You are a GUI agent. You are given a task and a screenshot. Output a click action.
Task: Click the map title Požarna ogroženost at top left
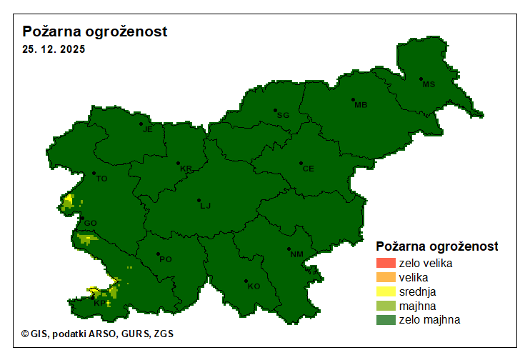pyautogui.click(x=95, y=32)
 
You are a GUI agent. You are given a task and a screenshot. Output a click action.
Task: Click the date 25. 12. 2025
pyautogui.click(x=54, y=50)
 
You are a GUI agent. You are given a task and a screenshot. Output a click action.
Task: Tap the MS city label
pyautogui.click(x=429, y=84)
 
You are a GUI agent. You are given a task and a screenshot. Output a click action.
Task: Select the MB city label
pyautogui.click(x=361, y=105)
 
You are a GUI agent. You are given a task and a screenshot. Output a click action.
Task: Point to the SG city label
pyautogui.click(x=283, y=115)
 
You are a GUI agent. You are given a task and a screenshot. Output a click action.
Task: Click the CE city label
pyautogui.click(x=308, y=169)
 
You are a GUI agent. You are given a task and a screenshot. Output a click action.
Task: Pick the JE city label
pyautogui.click(x=148, y=129)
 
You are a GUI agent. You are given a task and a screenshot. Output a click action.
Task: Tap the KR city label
pyautogui.click(x=186, y=169)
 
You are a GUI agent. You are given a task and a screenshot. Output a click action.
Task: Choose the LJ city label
pyautogui.click(x=206, y=206)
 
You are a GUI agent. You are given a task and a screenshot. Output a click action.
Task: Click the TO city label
pyautogui.click(x=101, y=179)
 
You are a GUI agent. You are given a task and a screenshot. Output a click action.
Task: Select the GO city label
pyautogui.click(x=90, y=223)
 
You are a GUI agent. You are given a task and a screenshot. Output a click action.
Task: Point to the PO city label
pyautogui.click(x=165, y=259)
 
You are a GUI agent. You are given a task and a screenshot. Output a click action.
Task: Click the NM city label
pyautogui.click(x=296, y=254)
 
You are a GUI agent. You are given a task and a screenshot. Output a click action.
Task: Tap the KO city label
pyautogui.click(x=254, y=286)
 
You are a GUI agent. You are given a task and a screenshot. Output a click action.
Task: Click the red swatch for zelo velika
pyautogui.click(x=386, y=263)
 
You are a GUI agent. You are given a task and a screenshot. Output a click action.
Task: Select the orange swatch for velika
pyautogui.click(x=386, y=277)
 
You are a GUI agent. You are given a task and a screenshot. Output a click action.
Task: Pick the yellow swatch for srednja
pyautogui.click(x=386, y=291)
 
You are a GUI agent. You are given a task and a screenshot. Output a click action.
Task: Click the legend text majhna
pyautogui.click(x=417, y=306)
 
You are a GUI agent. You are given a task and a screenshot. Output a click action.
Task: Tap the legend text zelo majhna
pyautogui.click(x=429, y=320)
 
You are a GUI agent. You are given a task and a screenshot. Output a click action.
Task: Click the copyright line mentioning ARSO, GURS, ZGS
pyautogui.click(x=97, y=334)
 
